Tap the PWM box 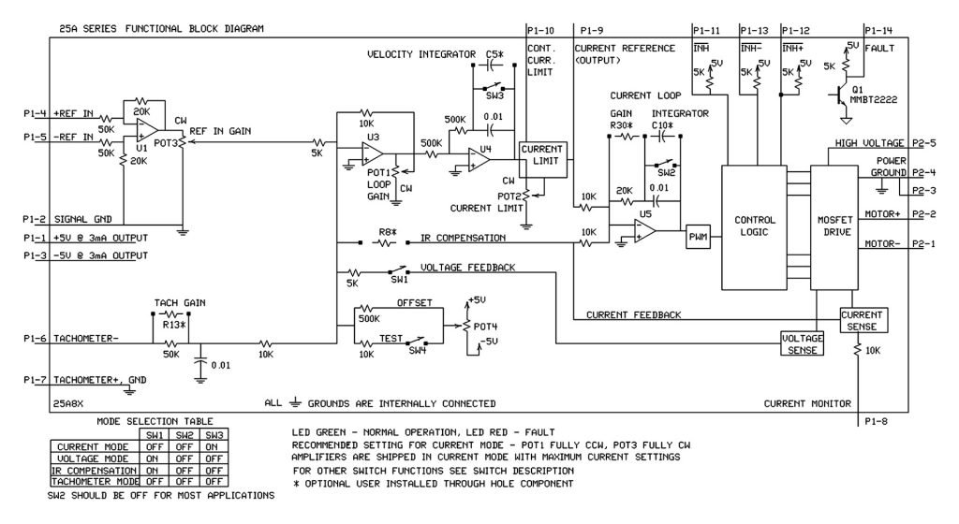click(x=699, y=238)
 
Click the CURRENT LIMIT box click(x=542, y=155)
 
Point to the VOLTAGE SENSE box click(x=803, y=343)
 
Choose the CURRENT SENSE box click(x=863, y=319)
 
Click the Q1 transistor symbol click(x=839, y=95)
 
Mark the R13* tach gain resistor click(x=170, y=314)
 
